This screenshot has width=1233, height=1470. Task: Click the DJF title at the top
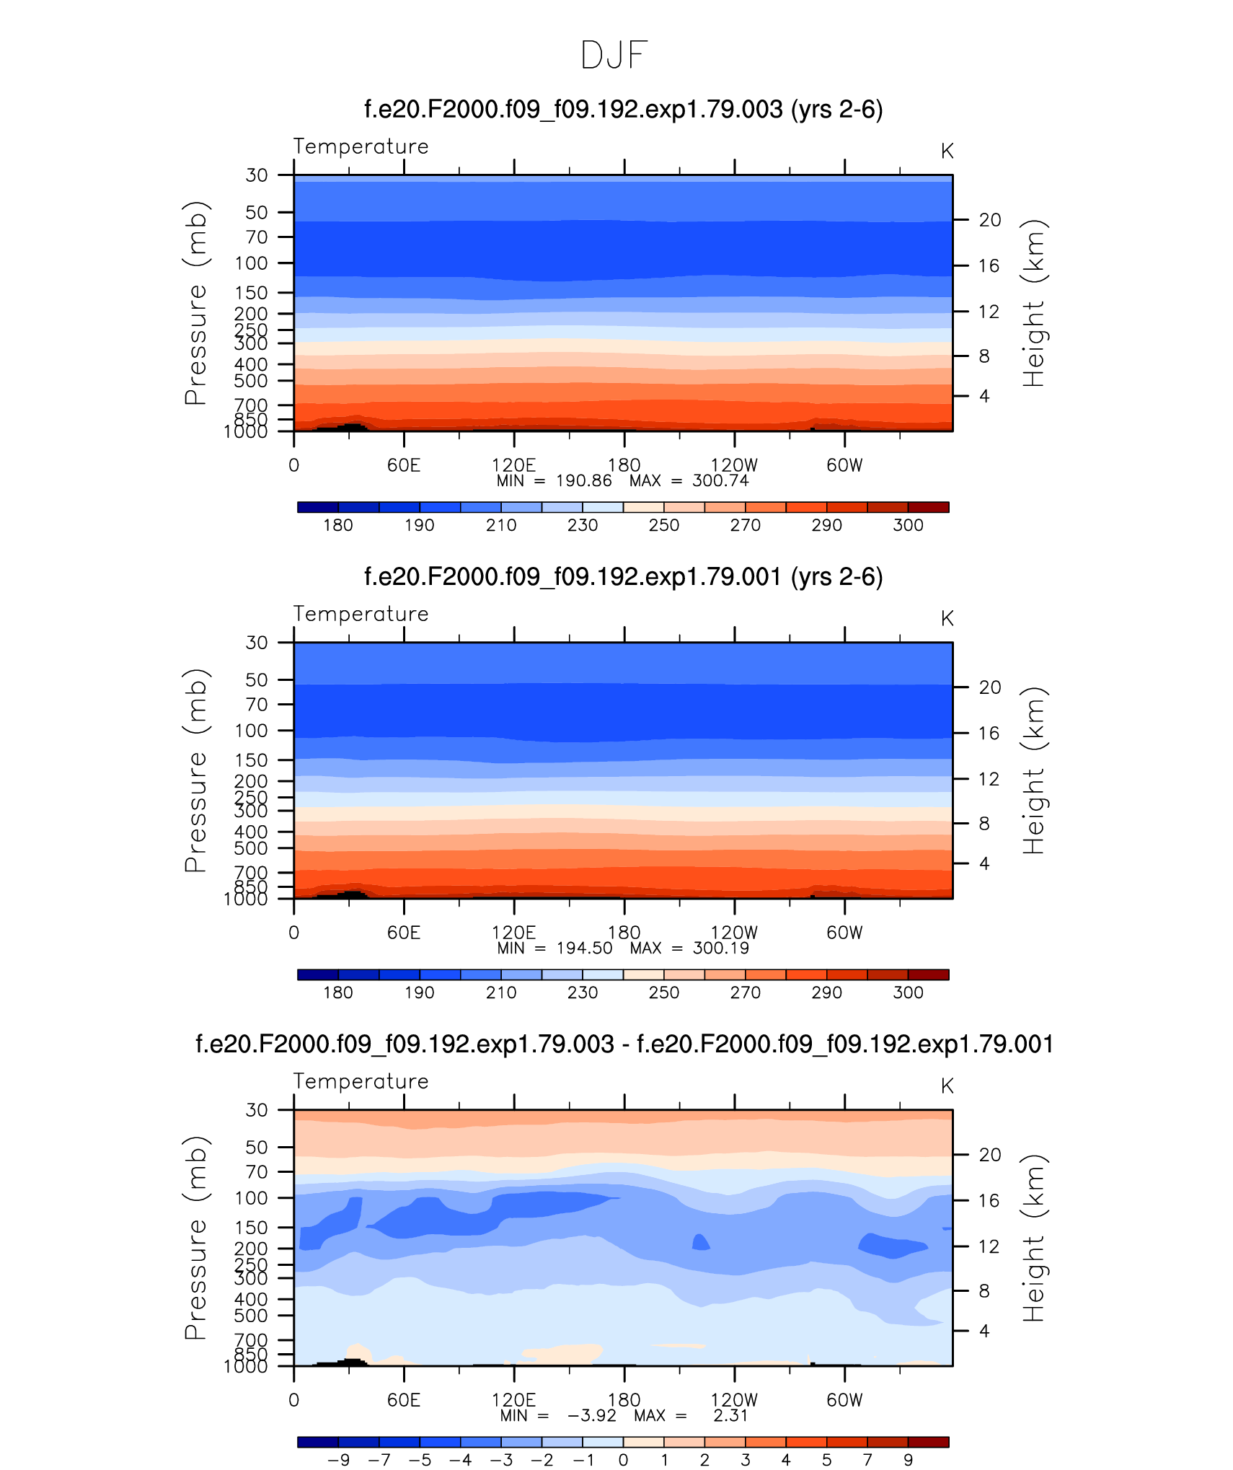(614, 56)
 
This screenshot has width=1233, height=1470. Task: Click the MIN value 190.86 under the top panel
(583, 481)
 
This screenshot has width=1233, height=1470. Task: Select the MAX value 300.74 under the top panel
(720, 481)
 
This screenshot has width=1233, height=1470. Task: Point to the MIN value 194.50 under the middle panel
(584, 949)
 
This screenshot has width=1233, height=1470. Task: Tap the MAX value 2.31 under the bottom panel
(730, 1416)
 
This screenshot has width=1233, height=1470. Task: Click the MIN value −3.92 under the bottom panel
(591, 1416)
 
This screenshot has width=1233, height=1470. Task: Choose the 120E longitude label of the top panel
(513, 465)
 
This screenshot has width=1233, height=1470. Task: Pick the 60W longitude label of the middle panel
(844, 933)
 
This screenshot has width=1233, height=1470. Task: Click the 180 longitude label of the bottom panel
(624, 1400)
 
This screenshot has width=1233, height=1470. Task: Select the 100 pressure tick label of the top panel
(251, 263)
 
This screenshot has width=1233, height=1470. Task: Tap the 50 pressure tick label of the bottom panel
(257, 1148)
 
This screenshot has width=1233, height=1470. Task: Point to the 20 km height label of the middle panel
(990, 687)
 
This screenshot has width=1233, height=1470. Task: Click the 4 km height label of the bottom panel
(984, 1331)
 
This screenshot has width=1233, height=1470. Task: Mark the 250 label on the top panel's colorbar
(663, 526)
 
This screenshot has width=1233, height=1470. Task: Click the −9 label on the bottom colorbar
(338, 1461)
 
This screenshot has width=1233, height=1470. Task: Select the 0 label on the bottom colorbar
(623, 1461)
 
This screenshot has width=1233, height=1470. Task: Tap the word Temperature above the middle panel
(361, 614)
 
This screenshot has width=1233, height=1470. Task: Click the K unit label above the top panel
(947, 151)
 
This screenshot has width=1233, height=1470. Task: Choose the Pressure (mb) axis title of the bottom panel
(195, 1237)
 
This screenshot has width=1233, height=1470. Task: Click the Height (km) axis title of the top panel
(1033, 303)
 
